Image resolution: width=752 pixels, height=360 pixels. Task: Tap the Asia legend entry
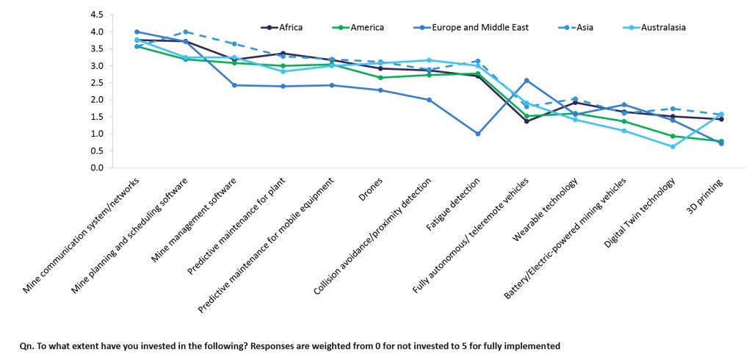pyautogui.click(x=585, y=28)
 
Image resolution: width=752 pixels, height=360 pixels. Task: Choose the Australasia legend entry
pyautogui.click(x=663, y=28)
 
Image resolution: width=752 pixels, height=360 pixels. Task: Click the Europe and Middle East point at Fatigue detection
pyautogui.click(x=477, y=134)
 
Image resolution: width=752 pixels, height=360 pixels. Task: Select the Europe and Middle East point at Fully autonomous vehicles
pyautogui.click(x=527, y=80)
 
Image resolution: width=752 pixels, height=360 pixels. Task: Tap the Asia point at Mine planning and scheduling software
pyautogui.click(x=186, y=32)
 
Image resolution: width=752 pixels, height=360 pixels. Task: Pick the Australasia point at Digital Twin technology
pyautogui.click(x=673, y=146)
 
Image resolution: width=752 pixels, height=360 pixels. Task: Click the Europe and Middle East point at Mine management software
pyautogui.click(x=234, y=85)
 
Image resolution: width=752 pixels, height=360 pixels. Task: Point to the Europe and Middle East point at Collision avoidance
pyautogui.click(x=429, y=100)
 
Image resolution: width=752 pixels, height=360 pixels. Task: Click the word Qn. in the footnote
pyautogui.click(x=24, y=345)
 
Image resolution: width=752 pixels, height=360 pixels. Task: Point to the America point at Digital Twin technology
pyautogui.click(x=673, y=136)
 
